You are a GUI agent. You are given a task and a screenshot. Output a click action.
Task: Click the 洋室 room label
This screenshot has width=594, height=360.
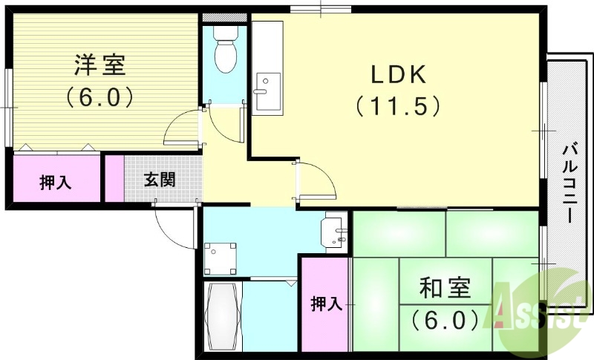click(99, 65)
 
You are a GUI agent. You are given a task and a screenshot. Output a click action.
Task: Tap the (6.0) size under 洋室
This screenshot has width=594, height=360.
click(99, 96)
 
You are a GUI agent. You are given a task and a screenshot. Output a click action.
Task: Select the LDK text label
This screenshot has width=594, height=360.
click(397, 74)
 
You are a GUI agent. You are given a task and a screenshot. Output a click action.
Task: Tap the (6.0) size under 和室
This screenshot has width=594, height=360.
click(445, 320)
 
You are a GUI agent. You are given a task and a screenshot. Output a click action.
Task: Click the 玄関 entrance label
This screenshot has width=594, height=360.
click(160, 180)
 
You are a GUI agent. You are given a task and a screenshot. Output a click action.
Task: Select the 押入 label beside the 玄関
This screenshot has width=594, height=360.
click(56, 182)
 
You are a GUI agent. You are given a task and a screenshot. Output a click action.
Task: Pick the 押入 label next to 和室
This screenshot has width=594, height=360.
click(324, 303)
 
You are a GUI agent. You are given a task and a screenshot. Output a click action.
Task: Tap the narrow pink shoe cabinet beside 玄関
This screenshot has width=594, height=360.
click(114, 179)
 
